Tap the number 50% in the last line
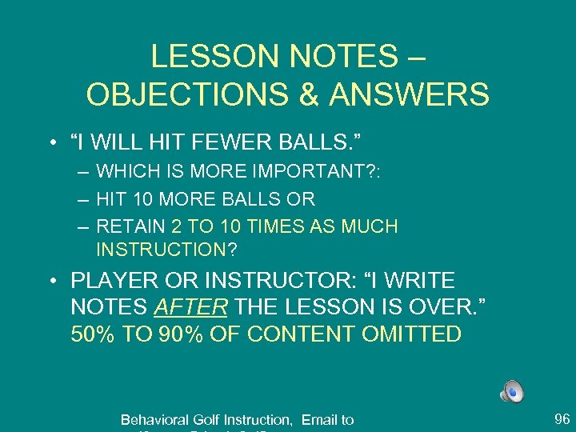93,334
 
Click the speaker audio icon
512,391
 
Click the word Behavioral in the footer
155,420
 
